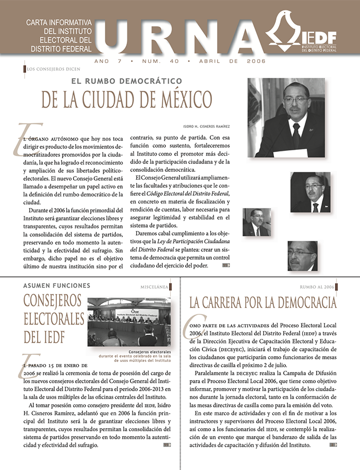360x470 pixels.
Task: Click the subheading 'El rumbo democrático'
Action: tap(130, 81)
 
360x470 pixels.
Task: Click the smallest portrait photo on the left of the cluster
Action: tap(256, 222)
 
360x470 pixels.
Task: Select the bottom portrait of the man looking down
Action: tap(302, 255)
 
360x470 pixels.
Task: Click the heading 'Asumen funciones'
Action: tap(57, 286)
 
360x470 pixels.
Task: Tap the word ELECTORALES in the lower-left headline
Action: tap(54, 319)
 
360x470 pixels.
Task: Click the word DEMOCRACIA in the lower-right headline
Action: tap(301, 303)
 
